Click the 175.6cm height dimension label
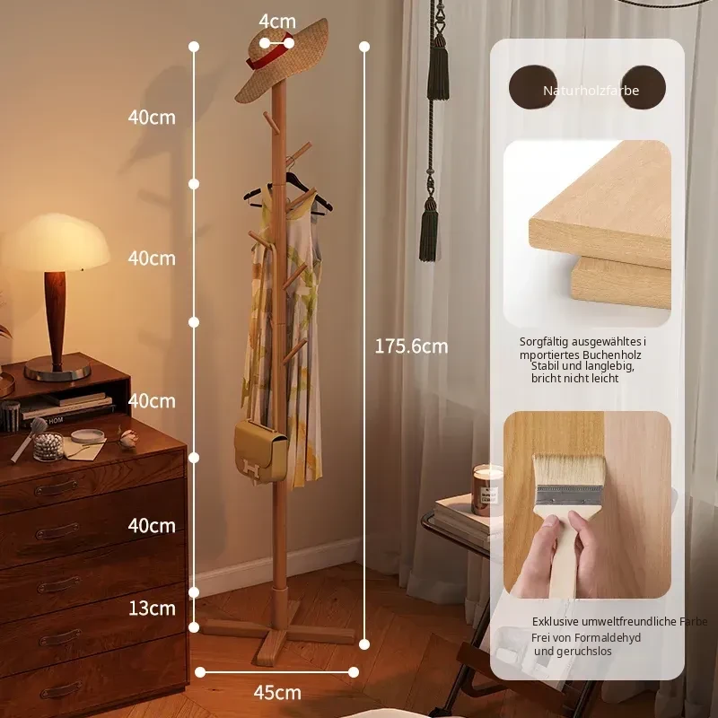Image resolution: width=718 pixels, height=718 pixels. pyautogui.click(x=411, y=346)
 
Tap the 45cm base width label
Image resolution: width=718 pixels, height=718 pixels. pyautogui.click(x=277, y=692)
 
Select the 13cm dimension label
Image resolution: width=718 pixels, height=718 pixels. pyautogui.click(x=152, y=609)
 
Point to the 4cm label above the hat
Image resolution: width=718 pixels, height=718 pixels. pyautogui.click(x=277, y=21)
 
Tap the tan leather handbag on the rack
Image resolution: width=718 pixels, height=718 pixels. pyautogui.click(x=260, y=452)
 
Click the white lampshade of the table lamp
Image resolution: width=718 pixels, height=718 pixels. pyautogui.click(x=55, y=241)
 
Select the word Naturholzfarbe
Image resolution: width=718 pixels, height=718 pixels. pyautogui.click(x=591, y=91)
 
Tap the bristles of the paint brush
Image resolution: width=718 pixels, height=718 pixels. pyautogui.click(x=568, y=470)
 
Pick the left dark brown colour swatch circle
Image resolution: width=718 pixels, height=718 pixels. pyautogui.click(x=533, y=87)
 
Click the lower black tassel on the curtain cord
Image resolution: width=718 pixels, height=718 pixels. pyautogui.click(x=429, y=230)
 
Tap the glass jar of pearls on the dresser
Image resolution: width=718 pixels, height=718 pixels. pyautogui.click(x=48, y=446)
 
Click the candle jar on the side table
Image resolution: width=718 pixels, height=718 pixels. pyautogui.click(x=486, y=490)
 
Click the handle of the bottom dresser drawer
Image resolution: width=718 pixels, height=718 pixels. pyautogui.click(x=60, y=689)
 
